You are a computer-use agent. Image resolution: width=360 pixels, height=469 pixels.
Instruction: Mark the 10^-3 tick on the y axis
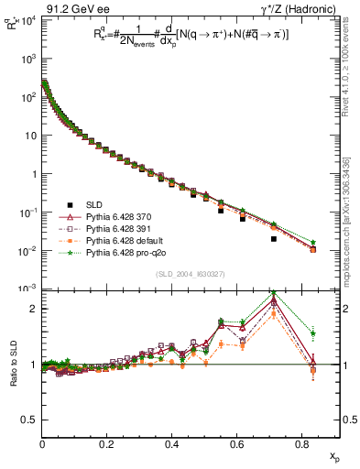[27, 289]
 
